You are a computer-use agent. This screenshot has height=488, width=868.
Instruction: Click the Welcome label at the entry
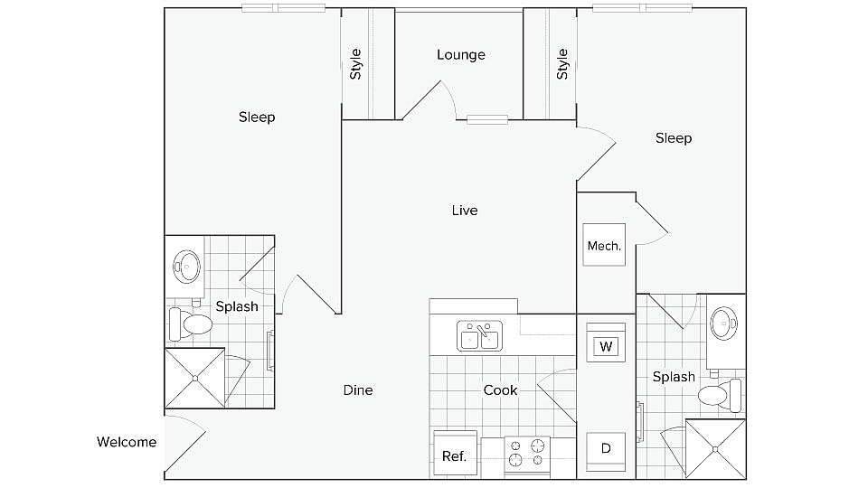click(127, 442)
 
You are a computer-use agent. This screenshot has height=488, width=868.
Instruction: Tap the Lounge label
click(461, 55)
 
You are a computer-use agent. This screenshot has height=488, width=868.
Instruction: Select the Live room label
click(465, 211)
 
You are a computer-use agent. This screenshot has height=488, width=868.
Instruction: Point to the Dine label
click(358, 390)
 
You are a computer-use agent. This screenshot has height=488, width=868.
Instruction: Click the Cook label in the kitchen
click(500, 390)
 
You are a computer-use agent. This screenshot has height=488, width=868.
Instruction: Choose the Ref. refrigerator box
click(455, 455)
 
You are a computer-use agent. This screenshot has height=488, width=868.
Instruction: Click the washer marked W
click(605, 346)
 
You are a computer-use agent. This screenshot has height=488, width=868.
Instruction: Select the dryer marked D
click(605, 448)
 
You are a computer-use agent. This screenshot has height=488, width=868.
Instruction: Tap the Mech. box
click(604, 245)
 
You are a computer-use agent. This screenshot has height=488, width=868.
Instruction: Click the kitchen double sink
click(479, 336)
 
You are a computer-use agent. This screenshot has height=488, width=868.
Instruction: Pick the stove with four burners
click(527, 455)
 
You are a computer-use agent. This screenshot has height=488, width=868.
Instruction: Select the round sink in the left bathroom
click(187, 266)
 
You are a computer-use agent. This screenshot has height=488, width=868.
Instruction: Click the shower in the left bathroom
click(194, 378)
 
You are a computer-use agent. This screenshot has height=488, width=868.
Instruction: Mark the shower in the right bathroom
click(716, 448)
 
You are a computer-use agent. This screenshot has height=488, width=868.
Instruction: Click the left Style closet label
click(356, 63)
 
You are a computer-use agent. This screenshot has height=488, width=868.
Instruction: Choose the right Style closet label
click(562, 63)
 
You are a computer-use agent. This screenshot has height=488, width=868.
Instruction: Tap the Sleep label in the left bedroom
click(257, 117)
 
